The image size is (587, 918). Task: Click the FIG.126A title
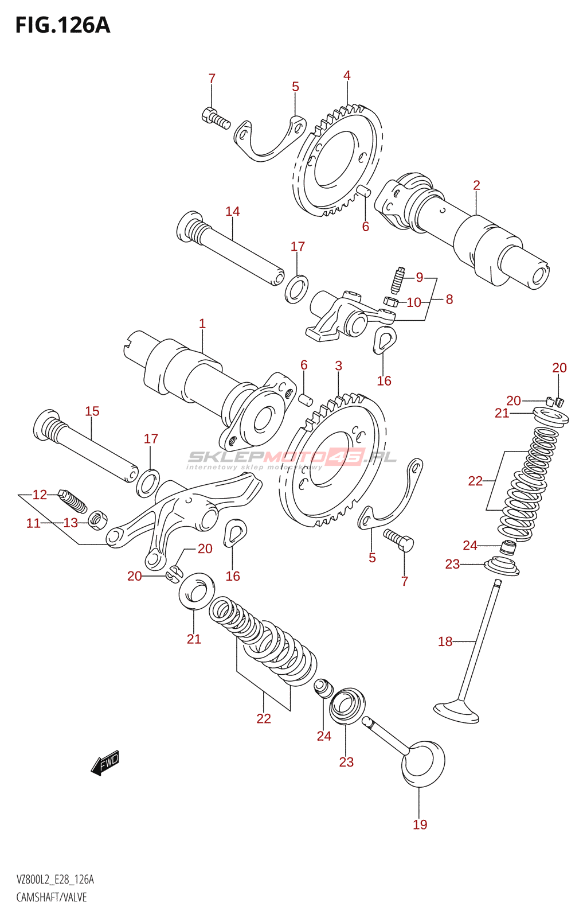click(62, 25)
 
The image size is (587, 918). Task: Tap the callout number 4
click(347, 75)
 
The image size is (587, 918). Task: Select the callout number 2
click(476, 185)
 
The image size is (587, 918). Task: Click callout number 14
click(233, 212)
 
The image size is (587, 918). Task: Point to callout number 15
click(92, 411)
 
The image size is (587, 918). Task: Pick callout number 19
click(420, 824)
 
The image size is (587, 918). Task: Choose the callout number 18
click(445, 641)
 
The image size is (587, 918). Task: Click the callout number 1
click(202, 324)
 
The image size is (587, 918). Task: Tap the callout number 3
click(339, 365)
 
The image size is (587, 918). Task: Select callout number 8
click(449, 299)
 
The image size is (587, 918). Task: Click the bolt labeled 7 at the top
click(216, 118)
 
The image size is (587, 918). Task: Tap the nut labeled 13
click(98, 520)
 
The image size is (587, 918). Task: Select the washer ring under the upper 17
click(297, 289)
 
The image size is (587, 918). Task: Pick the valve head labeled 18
click(456, 713)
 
